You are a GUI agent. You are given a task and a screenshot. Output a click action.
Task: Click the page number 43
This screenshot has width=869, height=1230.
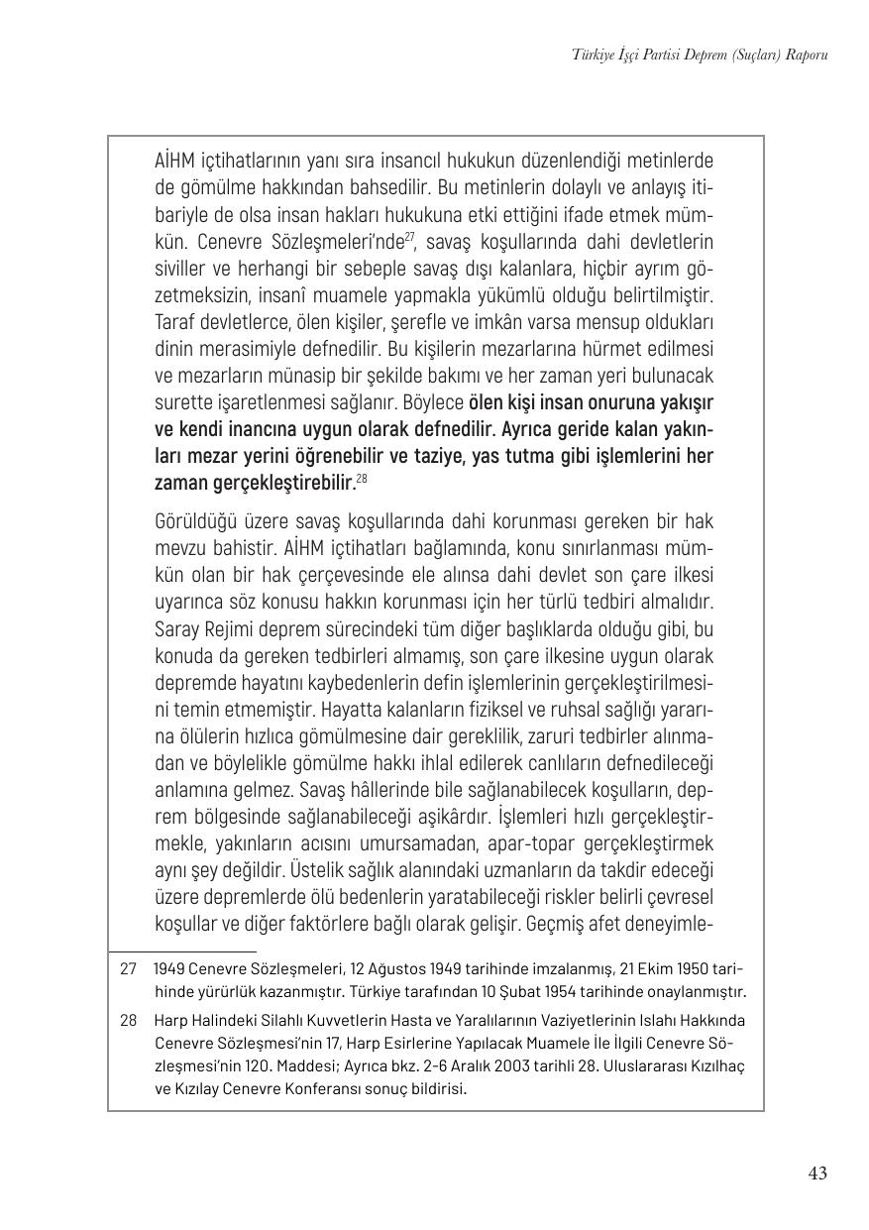(x=817, y=1174)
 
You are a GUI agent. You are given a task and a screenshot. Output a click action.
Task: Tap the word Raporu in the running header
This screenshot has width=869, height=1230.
(x=804, y=56)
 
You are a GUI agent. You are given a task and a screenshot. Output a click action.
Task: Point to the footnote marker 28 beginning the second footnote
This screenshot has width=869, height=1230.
(x=128, y=1020)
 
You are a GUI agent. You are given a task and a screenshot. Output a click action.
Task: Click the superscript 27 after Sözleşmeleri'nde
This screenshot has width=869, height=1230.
(x=407, y=236)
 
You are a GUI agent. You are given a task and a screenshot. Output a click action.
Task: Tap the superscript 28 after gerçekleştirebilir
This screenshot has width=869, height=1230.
(x=362, y=480)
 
